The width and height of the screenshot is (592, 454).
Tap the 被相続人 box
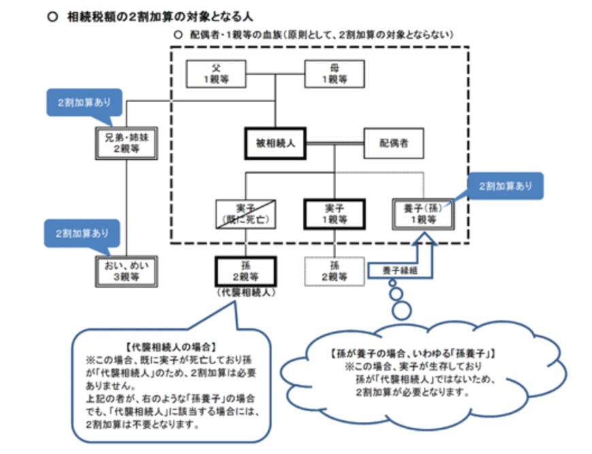pyautogui.click(x=275, y=144)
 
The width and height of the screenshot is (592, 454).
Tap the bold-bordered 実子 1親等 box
pyautogui.click(x=334, y=214)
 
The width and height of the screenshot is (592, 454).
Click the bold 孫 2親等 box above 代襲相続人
pyautogui.click(x=244, y=272)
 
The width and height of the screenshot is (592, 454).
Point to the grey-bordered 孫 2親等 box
pyautogui.click(x=334, y=272)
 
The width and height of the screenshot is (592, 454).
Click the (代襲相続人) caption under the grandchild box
pyautogui.click(x=244, y=293)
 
